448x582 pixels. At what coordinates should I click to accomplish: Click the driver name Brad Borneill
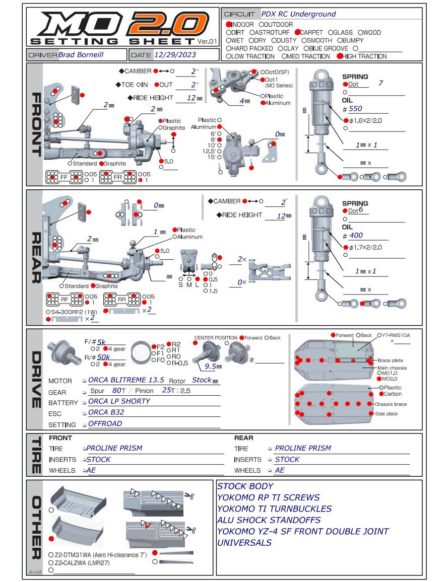81,54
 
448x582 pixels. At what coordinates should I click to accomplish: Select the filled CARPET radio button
297,32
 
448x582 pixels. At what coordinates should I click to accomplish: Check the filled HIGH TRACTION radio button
339,56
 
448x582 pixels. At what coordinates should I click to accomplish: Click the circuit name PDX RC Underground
298,14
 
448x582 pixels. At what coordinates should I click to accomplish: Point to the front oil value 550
353,108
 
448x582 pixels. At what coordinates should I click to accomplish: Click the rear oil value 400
353,235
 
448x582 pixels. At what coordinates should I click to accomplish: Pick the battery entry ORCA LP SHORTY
119,401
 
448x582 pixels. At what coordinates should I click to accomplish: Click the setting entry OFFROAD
105,423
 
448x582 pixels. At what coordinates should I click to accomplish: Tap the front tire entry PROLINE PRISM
114,448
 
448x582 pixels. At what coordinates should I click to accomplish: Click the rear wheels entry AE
279,470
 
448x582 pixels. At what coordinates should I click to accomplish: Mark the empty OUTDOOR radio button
262,24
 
